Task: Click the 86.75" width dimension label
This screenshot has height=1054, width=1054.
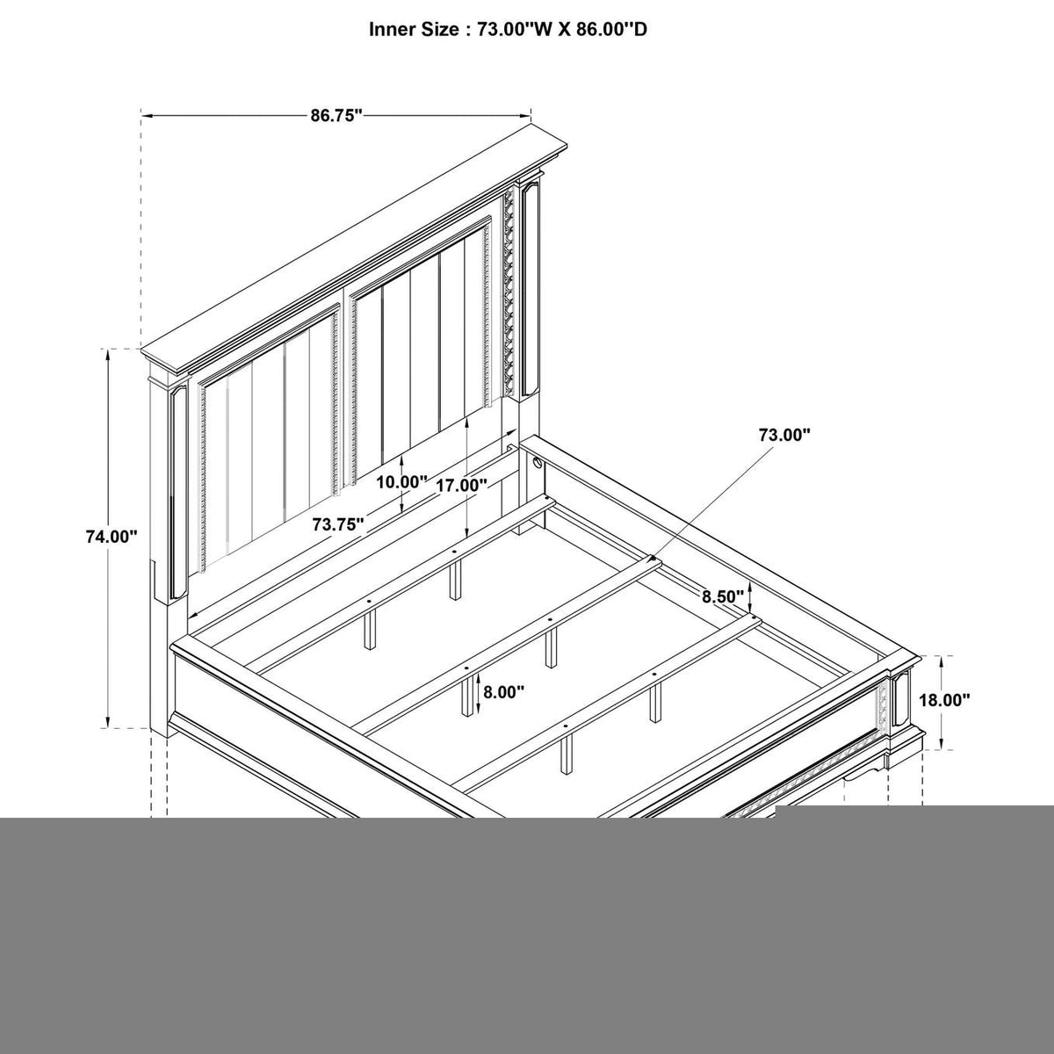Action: pyautogui.click(x=336, y=115)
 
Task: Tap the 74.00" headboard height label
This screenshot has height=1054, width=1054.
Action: pyautogui.click(x=111, y=537)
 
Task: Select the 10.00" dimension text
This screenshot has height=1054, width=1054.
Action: pyautogui.click(x=401, y=482)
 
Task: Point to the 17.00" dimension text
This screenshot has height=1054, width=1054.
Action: pyautogui.click(x=461, y=485)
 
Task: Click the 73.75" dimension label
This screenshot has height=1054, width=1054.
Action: pyautogui.click(x=338, y=524)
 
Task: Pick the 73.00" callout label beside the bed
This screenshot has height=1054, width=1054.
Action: pyautogui.click(x=783, y=435)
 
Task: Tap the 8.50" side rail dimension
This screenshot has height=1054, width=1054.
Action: pyautogui.click(x=723, y=596)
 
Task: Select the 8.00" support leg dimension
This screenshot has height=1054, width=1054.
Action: pyautogui.click(x=503, y=692)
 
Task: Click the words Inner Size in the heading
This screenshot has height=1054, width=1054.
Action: pyautogui.click(x=414, y=30)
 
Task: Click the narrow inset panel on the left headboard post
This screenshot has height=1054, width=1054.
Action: pyautogui.click(x=177, y=492)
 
